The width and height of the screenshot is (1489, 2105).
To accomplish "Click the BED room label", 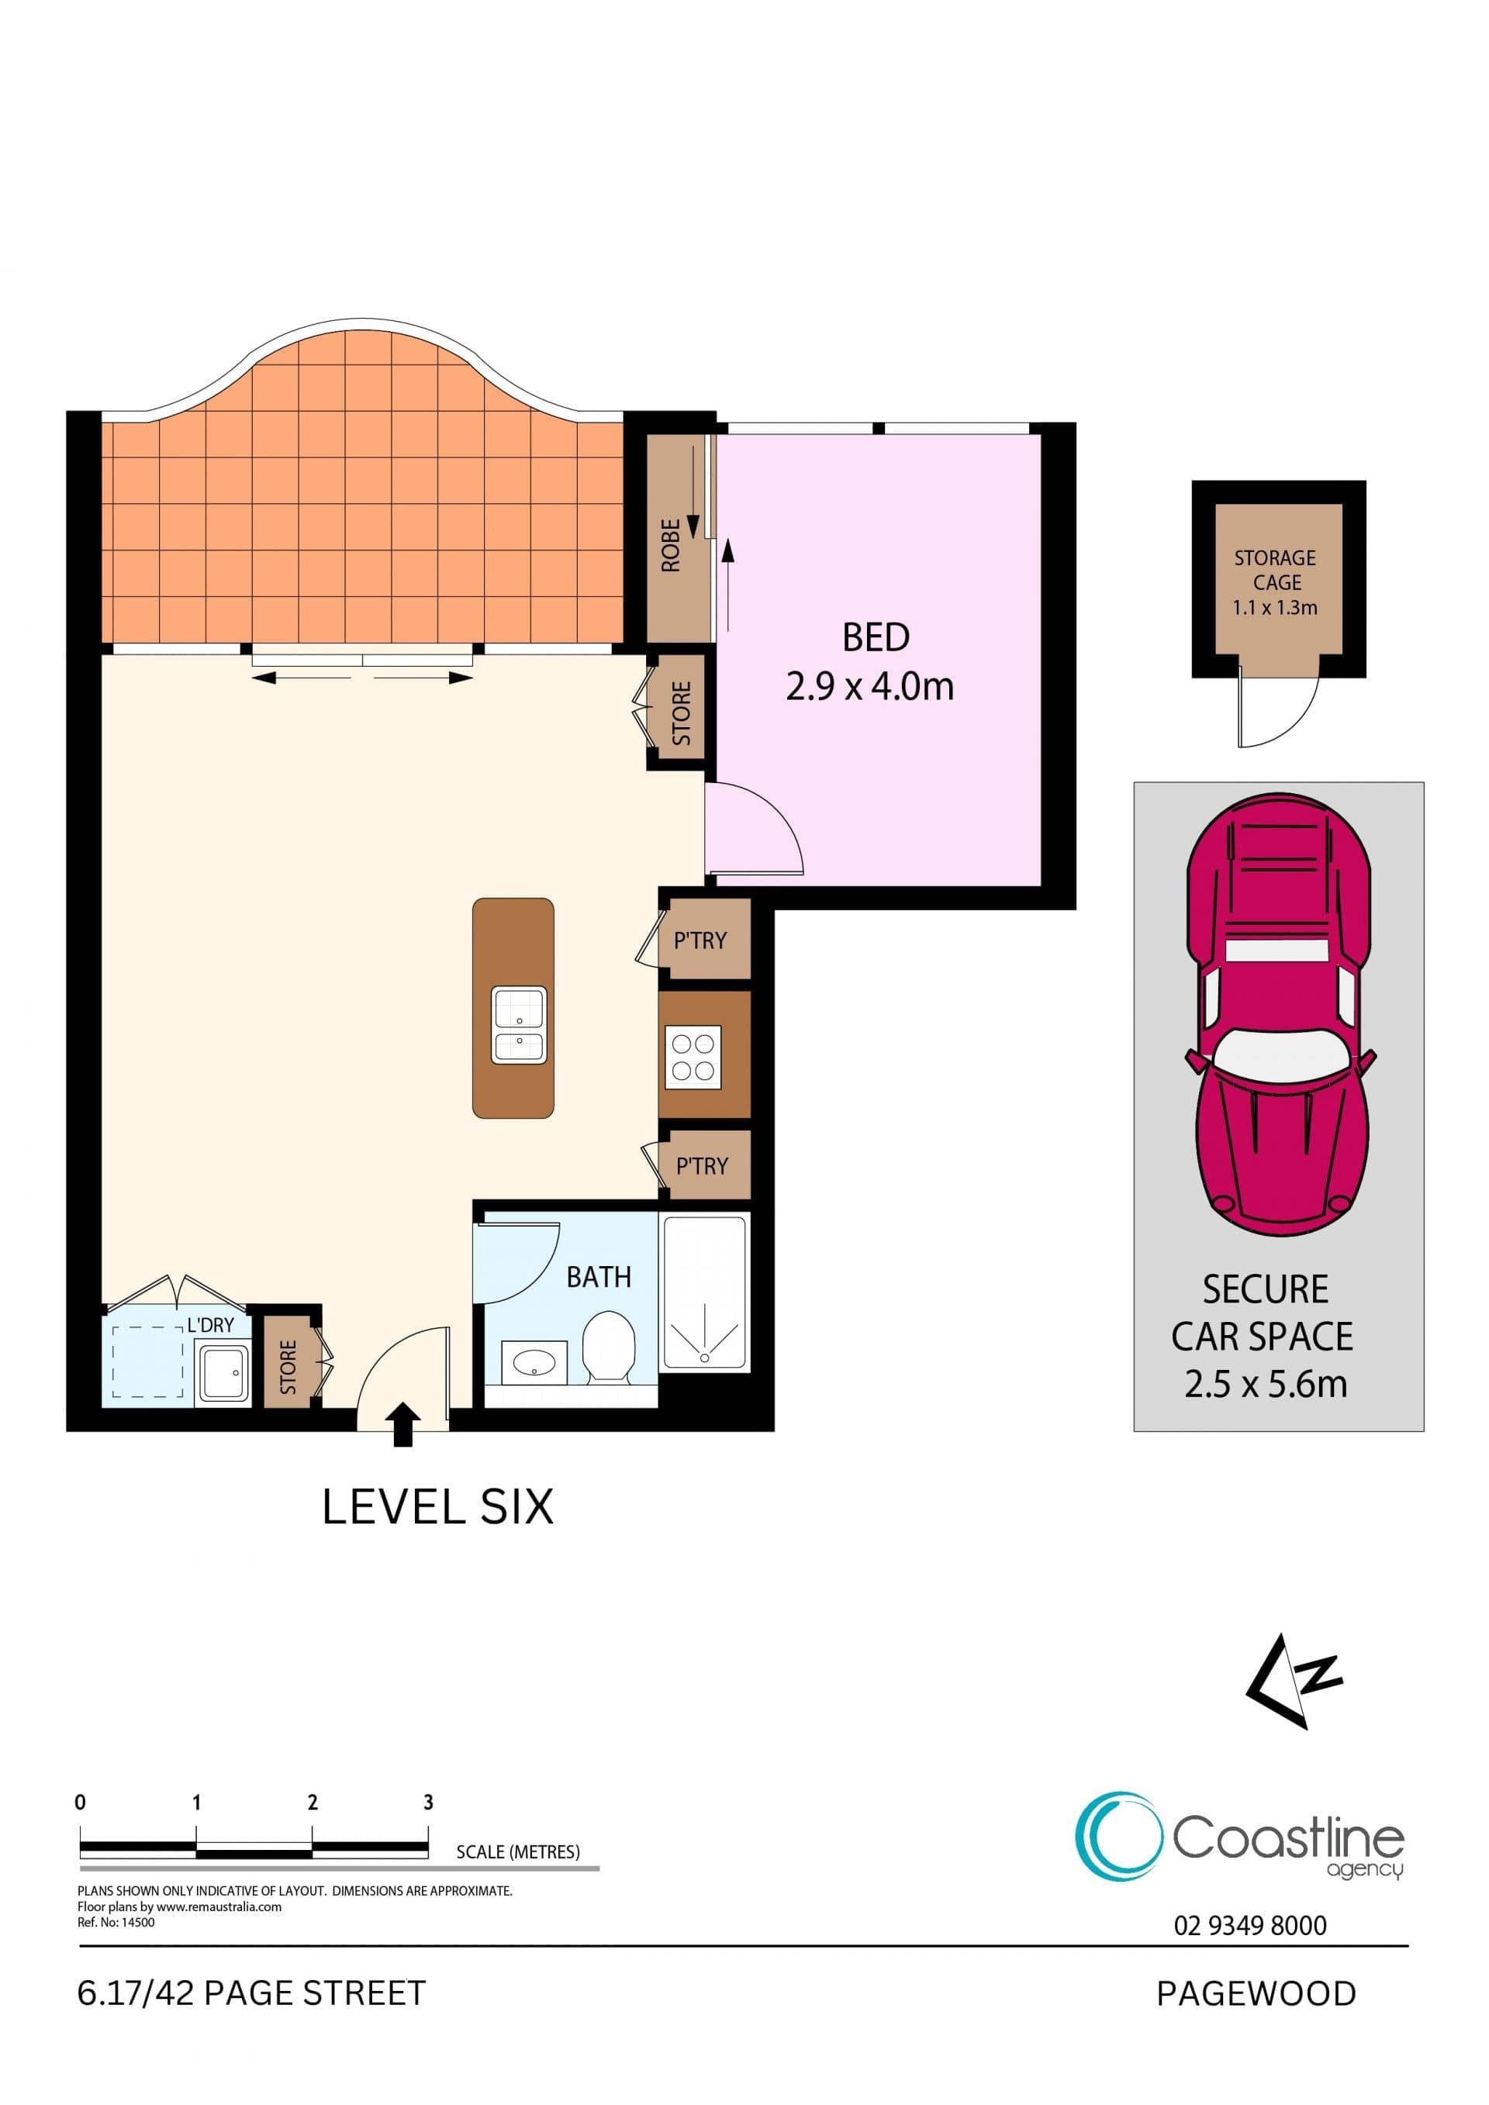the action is pyautogui.click(x=876, y=637).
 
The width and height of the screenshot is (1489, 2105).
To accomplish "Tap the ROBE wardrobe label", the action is pyautogui.click(x=671, y=546).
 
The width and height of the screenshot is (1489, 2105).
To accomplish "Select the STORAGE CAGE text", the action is pyautogui.click(x=1276, y=571).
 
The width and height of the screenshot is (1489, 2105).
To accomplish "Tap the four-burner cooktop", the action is pyautogui.click(x=693, y=1056).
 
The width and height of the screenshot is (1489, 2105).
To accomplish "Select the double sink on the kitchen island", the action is pyautogui.click(x=519, y=1024).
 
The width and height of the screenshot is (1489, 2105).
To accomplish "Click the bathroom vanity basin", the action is pyautogui.click(x=534, y=1363).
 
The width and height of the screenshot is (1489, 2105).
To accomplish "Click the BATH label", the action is pyautogui.click(x=599, y=1277).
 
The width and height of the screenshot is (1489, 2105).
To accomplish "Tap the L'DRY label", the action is pyautogui.click(x=211, y=1325).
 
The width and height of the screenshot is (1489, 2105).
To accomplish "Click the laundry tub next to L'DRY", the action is pyautogui.click(x=222, y=1372).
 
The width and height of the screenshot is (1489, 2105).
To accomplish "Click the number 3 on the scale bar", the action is pyautogui.click(x=428, y=1803).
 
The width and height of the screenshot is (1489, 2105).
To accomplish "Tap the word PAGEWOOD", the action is pyautogui.click(x=1256, y=1994).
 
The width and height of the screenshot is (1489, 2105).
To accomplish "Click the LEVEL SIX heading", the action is pyautogui.click(x=438, y=1507).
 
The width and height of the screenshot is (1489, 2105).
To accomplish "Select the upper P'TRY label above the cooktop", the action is pyautogui.click(x=700, y=940).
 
